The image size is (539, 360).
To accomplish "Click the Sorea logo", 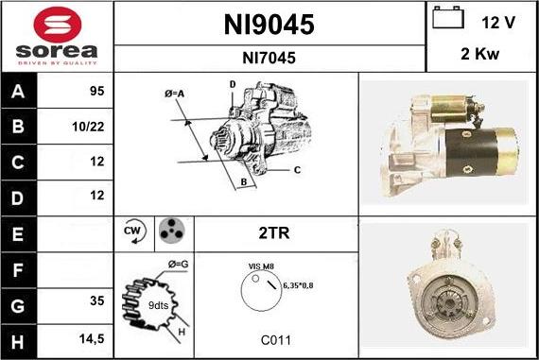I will pos(57,35).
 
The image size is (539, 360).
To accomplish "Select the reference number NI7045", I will pos(269,59).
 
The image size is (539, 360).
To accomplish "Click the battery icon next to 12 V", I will pos(447,17).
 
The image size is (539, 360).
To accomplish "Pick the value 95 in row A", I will pos(95,92).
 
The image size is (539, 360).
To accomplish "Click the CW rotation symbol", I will pos(134,231).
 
